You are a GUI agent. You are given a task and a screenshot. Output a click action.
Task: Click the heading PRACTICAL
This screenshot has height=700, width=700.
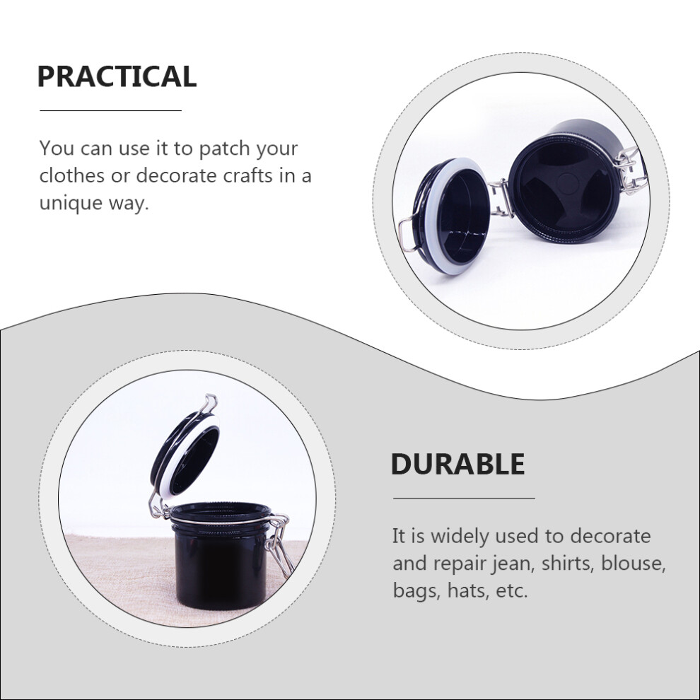click(x=117, y=76)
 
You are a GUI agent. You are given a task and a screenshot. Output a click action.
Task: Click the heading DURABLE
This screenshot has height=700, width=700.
click(x=457, y=465)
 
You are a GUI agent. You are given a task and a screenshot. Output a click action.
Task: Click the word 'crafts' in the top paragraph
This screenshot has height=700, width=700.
click(x=247, y=175)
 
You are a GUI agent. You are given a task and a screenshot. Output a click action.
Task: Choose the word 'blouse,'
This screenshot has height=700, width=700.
click(x=633, y=563)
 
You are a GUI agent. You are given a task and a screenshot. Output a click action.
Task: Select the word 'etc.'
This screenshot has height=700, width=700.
click(x=512, y=591)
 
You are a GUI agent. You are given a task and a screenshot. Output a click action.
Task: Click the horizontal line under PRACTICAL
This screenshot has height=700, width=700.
click(x=111, y=110)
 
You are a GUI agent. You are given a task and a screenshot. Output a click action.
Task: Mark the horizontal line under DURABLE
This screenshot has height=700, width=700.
click(x=464, y=498)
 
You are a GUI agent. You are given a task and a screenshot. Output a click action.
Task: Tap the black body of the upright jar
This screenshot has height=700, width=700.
click(x=221, y=567)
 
